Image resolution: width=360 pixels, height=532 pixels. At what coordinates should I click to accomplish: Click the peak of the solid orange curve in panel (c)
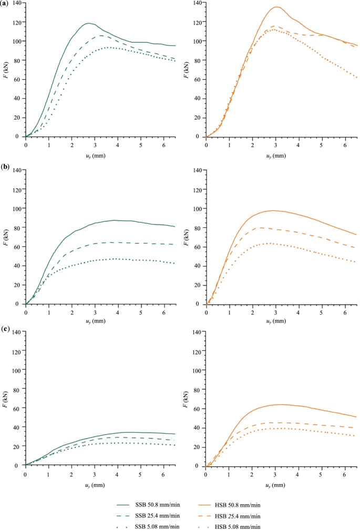[281, 404]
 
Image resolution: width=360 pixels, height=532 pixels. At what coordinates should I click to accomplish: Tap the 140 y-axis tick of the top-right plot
[197, 3]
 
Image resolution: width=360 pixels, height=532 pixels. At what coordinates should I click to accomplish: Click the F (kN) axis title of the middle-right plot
[185, 237]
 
